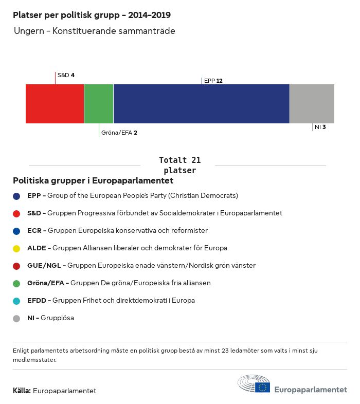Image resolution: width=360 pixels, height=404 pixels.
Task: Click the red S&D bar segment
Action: tap(55, 103)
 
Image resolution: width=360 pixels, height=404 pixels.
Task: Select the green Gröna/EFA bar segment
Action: tap(98, 103)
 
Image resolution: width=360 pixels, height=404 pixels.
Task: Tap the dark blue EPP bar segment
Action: tap(201, 103)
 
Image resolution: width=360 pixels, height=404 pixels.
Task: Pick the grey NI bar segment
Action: tap(312, 103)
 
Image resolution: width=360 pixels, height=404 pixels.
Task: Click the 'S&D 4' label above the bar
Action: tap(66, 75)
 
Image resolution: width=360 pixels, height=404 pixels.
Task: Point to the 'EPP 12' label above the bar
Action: tap(213, 81)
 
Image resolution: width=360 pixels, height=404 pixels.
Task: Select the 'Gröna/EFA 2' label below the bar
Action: tap(119, 133)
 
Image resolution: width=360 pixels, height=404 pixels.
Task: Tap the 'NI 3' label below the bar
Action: tap(320, 126)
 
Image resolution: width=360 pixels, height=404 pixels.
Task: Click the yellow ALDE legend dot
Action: tap(16, 248)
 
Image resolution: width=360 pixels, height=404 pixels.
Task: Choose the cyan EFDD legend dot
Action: tap(16, 301)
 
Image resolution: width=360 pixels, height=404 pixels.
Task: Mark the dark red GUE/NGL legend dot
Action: tap(16, 266)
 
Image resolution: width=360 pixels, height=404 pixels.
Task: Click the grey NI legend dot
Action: tap(16, 318)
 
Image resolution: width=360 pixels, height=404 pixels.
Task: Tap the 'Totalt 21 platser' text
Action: tap(179, 165)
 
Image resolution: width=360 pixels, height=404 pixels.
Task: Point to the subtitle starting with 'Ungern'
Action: tap(95, 31)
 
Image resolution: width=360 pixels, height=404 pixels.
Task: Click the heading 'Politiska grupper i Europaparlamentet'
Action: tap(93, 181)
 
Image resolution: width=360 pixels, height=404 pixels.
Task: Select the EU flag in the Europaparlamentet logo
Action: tap(263, 387)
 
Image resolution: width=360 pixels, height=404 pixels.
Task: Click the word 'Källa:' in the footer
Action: tap(22, 391)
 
